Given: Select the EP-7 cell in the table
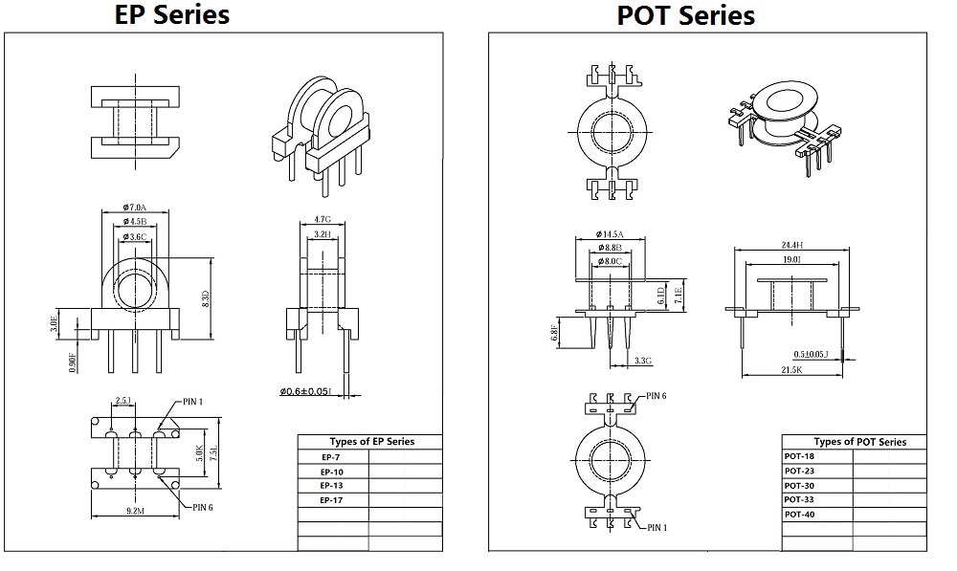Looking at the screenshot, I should coord(332,457).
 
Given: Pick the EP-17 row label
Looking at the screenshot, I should coord(332,500).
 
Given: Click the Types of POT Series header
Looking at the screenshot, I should coord(859,442).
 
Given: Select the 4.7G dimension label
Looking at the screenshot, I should coord(323,218).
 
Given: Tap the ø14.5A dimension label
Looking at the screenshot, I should coord(609,234).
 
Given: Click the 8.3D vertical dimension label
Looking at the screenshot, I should coord(205,298).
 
